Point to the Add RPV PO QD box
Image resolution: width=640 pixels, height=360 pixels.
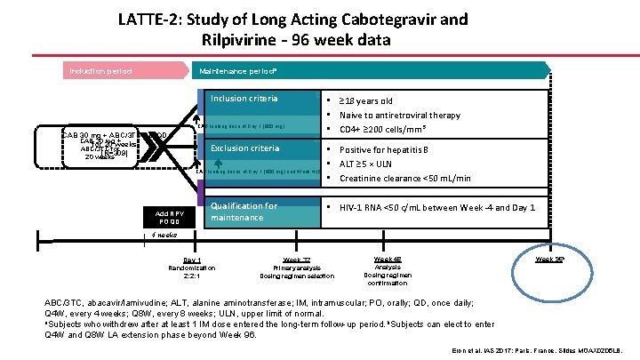169,217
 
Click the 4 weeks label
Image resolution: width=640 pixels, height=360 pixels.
163,236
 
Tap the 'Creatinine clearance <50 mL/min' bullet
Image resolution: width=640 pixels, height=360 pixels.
404,178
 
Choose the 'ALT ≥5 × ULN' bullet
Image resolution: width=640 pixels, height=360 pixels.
373,164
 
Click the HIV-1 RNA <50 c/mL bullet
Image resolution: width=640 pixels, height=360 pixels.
436,207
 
